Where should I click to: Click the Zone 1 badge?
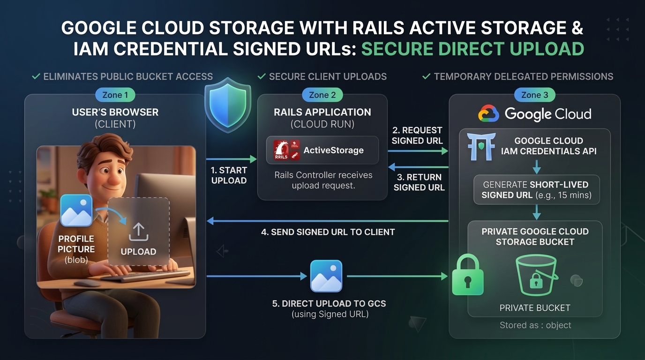point(115,95)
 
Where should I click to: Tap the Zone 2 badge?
point(322,95)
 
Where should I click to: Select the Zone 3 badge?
point(535,95)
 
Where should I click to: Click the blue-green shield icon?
point(228,105)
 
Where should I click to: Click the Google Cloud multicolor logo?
point(488,113)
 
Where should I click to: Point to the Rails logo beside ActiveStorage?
point(286,150)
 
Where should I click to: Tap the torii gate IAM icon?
point(481,147)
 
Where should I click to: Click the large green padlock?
point(468,275)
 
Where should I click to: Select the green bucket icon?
point(536,275)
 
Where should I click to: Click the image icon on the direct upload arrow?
point(326,276)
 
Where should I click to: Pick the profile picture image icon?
point(76,210)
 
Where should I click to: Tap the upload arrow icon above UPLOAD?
point(138,232)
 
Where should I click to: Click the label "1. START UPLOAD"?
point(229,175)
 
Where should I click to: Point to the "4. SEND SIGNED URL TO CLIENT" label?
point(328,232)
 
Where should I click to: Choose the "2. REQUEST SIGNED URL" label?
point(417,135)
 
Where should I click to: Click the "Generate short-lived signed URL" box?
point(536,190)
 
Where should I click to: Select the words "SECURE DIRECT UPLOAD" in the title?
point(473,49)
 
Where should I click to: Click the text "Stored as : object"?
point(535,325)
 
